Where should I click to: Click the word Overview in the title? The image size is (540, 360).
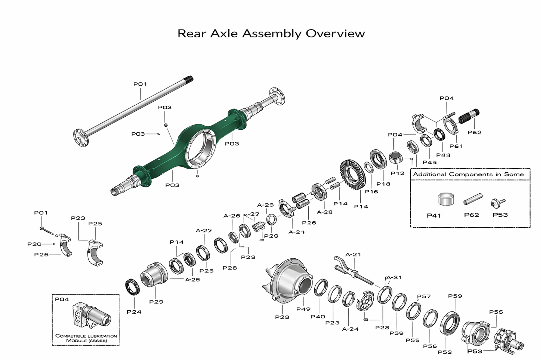point(335,34)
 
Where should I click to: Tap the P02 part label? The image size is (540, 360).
point(165,108)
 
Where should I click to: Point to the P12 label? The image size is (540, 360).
point(398,173)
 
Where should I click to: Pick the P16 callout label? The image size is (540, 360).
point(371,192)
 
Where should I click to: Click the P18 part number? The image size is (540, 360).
point(383,184)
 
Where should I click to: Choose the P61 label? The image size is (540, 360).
point(456,146)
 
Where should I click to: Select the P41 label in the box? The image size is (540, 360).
point(433,216)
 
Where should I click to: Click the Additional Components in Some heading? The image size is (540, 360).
point(468,174)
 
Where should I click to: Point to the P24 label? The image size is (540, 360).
point(134,312)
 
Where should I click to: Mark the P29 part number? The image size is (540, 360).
point(156,302)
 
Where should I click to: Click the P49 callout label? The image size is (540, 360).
point(303,309)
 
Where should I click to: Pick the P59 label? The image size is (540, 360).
point(455,296)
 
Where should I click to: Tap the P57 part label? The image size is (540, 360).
point(424,296)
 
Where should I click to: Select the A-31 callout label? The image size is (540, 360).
point(394,277)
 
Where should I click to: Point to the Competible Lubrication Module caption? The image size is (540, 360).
point(86,338)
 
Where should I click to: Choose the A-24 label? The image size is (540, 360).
point(350,329)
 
